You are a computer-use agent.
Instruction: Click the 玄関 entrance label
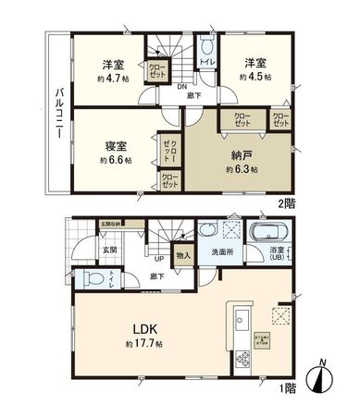point(109,249)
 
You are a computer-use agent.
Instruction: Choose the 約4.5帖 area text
point(256,77)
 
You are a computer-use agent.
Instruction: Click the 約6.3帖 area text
point(242,170)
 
